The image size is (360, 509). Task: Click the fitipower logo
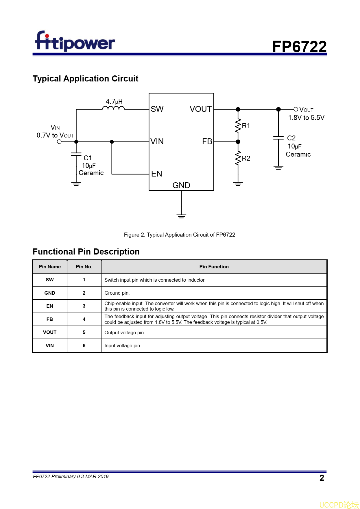click(75, 42)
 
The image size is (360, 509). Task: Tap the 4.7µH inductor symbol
click(113, 108)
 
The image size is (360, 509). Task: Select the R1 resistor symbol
click(238, 125)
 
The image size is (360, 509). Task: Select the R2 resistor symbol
click(238, 158)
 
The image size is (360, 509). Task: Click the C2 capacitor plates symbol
click(278, 138)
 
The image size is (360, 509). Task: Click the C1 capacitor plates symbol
click(76, 154)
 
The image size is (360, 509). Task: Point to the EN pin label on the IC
click(156, 174)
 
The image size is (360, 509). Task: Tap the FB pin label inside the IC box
click(207, 141)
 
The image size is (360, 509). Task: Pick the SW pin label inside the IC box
click(157, 109)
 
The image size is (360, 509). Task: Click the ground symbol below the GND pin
click(181, 216)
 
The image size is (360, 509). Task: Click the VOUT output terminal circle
click(296, 109)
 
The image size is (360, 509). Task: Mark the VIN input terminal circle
click(59, 142)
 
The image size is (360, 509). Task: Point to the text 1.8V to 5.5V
click(306, 118)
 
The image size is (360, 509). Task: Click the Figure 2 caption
click(179, 235)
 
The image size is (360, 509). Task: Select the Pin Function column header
click(214, 267)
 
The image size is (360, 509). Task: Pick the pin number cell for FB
click(84, 319)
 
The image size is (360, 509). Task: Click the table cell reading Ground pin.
click(117, 293)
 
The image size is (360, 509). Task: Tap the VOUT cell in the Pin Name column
click(50, 332)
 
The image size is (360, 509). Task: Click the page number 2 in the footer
click(322, 478)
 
